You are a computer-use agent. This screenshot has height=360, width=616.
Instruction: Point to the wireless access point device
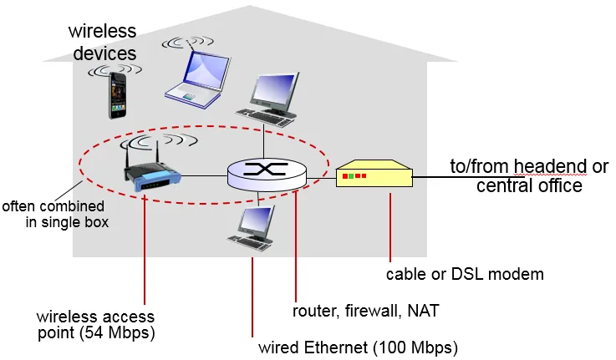[x=152, y=171]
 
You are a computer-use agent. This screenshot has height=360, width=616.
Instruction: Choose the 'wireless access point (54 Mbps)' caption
[x=95, y=326]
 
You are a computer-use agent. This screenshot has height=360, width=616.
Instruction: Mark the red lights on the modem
[x=354, y=176]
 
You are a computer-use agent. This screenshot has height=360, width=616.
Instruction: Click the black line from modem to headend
[x=430, y=176]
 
